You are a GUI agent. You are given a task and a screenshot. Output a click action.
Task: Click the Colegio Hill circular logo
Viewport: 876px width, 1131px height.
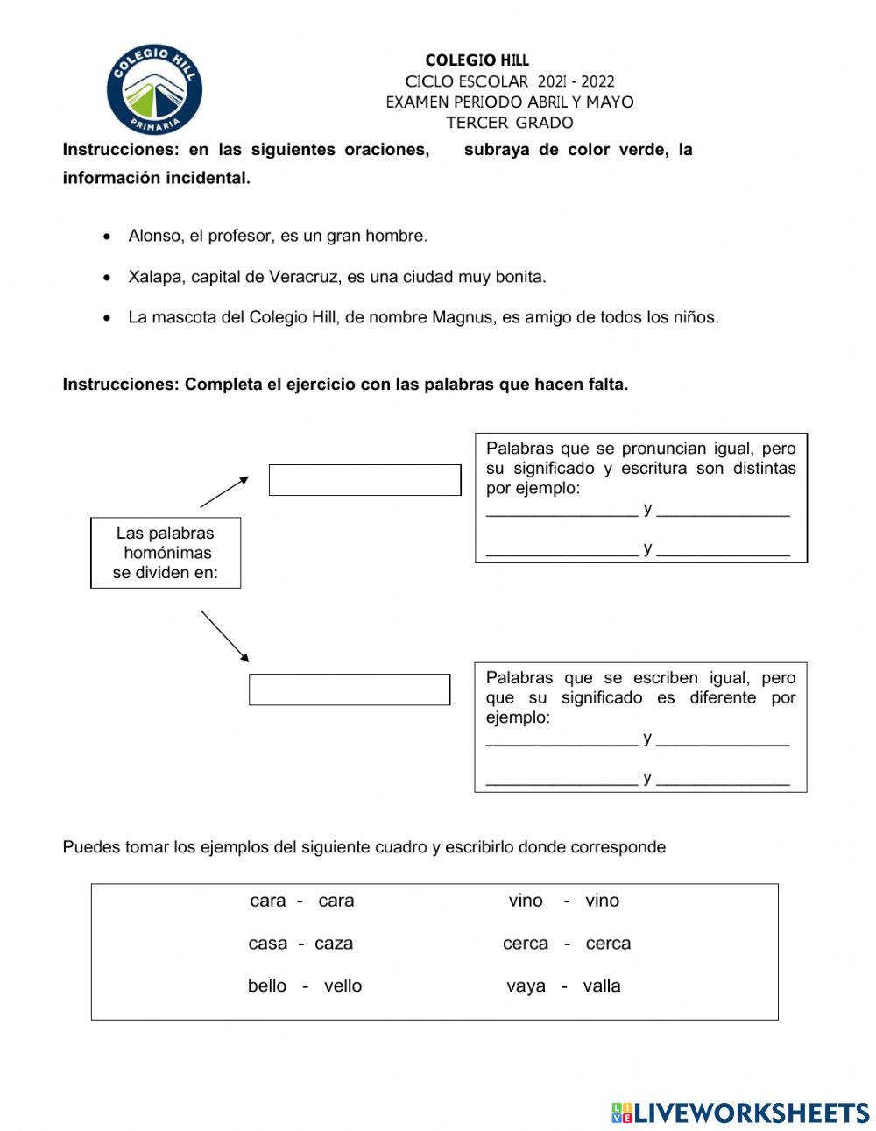pyautogui.click(x=154, y=90)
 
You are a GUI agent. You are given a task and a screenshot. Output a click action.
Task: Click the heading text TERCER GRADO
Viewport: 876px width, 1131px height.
pyautogui.click(x=509, y=123)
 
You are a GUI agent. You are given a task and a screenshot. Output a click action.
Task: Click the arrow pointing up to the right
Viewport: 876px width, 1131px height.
pyautogui.click(x=224, y=491)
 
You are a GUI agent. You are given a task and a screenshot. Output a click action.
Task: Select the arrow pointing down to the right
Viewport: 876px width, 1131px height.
pyautogui.click(x=224, y=635)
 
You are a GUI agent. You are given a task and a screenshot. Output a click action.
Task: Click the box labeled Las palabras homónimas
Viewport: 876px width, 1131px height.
pyautogui.click(x=166, y=553)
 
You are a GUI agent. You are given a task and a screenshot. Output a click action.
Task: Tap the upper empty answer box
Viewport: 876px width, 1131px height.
pyautogui.click(x=364, y=480)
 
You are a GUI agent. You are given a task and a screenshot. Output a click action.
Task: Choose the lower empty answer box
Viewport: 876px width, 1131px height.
pyautogui.click(x=350, y=689)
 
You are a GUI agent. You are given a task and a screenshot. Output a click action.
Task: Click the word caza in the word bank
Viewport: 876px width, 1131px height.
pyautogui.click(x=334, y=944)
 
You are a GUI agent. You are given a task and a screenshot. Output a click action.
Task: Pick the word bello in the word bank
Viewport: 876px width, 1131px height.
pyautogui.click(x=267, y=986)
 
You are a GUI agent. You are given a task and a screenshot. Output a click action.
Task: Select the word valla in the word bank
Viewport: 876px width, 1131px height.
pyautogui.click(x=602, y=986)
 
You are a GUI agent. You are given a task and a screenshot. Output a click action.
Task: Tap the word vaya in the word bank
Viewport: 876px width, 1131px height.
pyautogui.click(x=526, y=986)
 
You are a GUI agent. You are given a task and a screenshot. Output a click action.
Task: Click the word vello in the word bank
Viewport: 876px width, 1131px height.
pyautogui.click(x=343, y=986)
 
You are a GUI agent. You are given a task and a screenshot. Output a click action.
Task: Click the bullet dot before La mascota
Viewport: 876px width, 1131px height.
pyautogui.click(x=107, y=318)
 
